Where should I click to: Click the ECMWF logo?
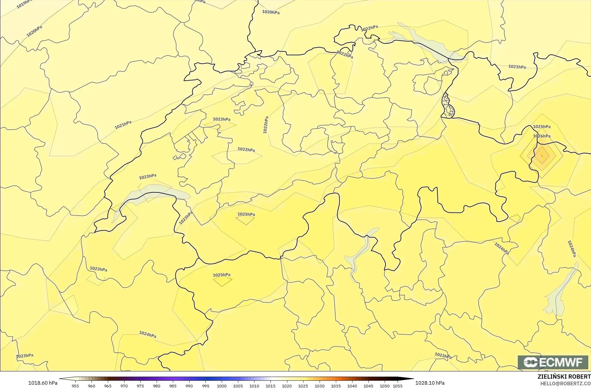click(553, 362)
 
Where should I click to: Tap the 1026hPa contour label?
click(542, 136)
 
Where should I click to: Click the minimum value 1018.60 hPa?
click(42, 383)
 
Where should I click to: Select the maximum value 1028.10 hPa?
click(430, 383)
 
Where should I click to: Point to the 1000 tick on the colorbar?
click(222, 386)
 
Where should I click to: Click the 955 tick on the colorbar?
click(75, 386)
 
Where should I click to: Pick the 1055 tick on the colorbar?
click(398, 386)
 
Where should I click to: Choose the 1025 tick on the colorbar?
click(303, 386)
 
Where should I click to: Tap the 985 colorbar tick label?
click(173, 386)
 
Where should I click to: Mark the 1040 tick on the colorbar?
click(352, 386)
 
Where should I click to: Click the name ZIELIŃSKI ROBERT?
click(564, 377)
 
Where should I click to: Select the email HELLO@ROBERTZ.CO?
click(565, 383)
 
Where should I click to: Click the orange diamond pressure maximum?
click(542, 156)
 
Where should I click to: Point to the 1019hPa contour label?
click(24, 4)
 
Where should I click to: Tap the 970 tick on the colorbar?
click(124, 386)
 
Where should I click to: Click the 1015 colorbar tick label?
click(270, 386)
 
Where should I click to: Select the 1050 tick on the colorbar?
click(384, 386)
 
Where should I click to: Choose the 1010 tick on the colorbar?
click(254, 386)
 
